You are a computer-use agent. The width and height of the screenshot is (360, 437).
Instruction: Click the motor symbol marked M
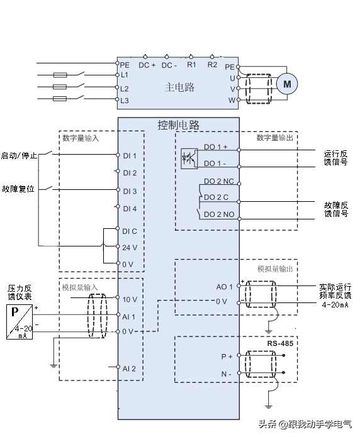click(x=287, y=84)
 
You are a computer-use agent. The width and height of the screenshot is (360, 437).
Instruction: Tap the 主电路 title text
click(x=179, y=87)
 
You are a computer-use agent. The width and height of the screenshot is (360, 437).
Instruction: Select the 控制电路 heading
click(x=179, y=125)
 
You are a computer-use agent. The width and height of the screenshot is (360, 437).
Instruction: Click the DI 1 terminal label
click(x=130, y=156)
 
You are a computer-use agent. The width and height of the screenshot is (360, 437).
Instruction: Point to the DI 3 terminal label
click(x=130, y=191)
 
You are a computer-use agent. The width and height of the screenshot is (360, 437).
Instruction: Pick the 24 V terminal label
click(x=130, y=248)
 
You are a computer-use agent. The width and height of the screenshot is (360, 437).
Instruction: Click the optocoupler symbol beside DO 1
click(x=189, y=158)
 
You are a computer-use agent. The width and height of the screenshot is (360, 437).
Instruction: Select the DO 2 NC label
click(x=219, y=182)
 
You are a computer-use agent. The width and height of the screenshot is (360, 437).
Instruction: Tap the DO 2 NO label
click(x=219, y=214)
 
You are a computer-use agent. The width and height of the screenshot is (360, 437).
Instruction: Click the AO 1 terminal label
click(x=225, y=287)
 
